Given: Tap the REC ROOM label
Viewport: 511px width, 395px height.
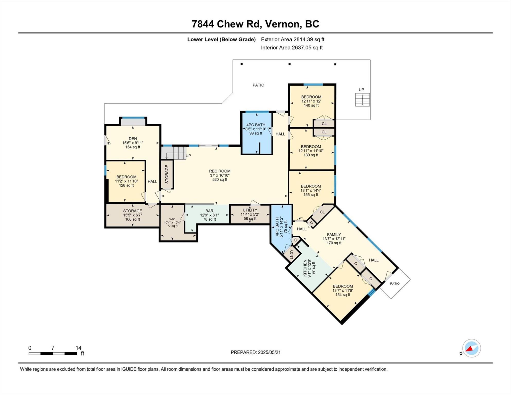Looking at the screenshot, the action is point(220,171).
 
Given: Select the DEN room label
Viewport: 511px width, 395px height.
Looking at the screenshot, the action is point(133,139).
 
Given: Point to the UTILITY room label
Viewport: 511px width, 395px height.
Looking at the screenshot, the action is point(250,210).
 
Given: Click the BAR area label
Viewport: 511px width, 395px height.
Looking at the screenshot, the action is point(209,211).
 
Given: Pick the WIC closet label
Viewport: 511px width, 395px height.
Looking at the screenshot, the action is point(172,219).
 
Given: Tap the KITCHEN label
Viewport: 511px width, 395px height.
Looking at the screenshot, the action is point(305,268).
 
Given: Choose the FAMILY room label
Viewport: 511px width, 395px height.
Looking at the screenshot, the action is point(334,235).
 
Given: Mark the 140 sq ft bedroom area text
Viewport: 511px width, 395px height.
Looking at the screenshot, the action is point(311,105).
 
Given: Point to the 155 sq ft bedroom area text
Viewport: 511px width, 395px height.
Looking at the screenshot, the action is point(311,195).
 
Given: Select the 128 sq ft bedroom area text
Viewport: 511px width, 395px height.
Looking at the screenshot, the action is point(126,185).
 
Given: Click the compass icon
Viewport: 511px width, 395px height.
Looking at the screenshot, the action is point(471,348).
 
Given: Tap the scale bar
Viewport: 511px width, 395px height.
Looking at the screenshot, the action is point(53,354).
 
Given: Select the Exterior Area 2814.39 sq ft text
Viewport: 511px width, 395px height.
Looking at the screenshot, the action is point(293,39).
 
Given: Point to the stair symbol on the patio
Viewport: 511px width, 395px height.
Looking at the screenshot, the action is point(362,100).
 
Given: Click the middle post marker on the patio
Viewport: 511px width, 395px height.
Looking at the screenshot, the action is point(289,64).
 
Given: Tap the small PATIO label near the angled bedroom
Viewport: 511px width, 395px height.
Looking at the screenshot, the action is point(395,283).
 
